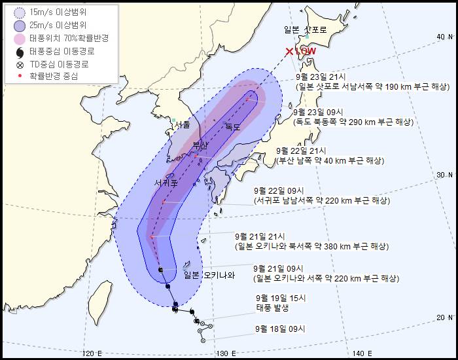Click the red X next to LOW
289,51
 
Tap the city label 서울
182,124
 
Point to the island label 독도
233,126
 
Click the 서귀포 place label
166,183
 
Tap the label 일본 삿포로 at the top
306,29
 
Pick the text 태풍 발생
272,307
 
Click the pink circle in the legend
19,39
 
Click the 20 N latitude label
445,317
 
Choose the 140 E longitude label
365,354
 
